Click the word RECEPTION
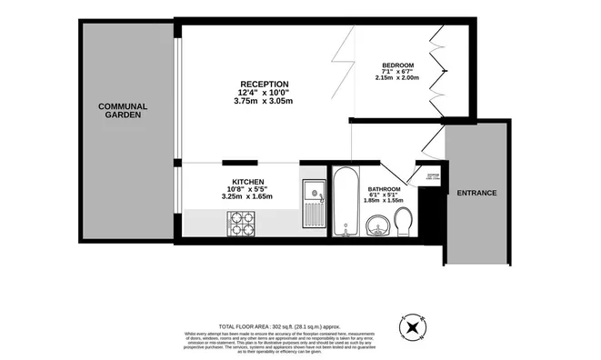264,84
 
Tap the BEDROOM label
397,65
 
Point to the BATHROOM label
385,190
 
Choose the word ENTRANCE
476,193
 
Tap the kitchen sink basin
311,193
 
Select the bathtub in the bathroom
346,203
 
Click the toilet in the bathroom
406,220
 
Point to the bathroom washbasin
376,225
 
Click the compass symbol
414,326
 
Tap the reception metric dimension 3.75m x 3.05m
264,102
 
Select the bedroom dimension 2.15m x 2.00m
397,78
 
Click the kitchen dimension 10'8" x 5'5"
247,189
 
